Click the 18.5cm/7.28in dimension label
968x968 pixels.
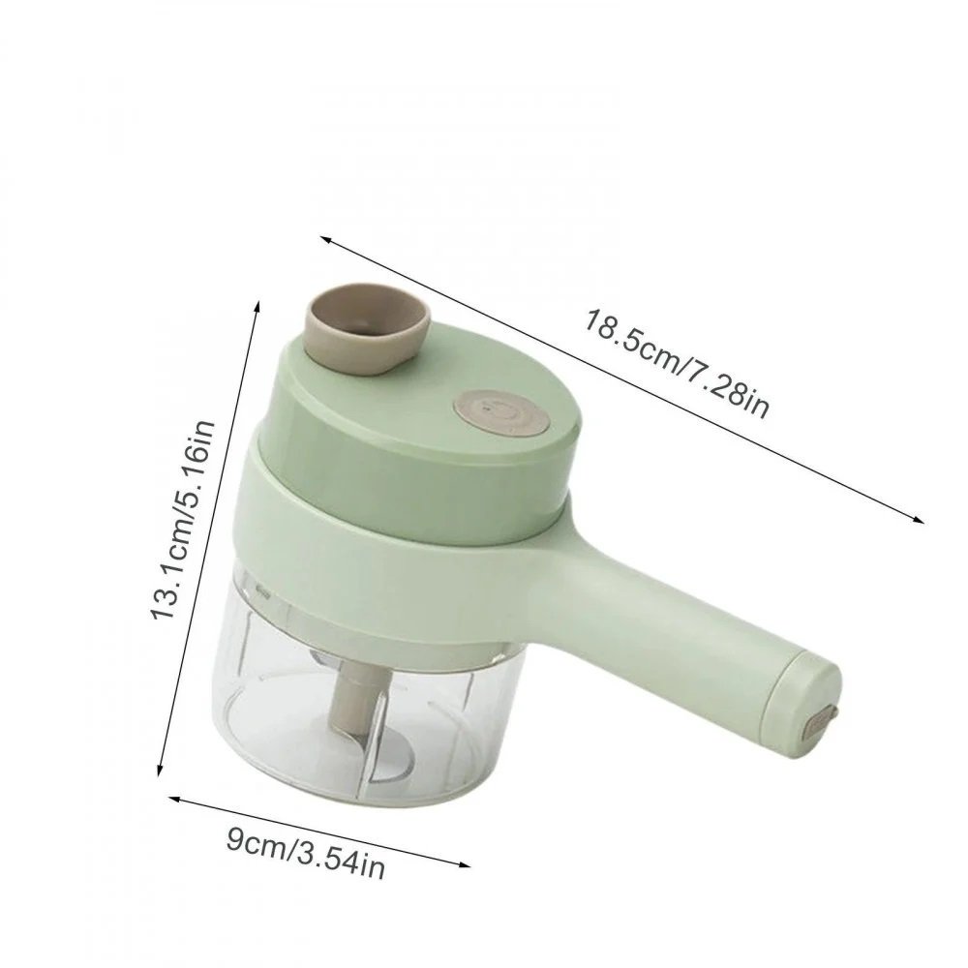pyautogui.click(x=675, y=362)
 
